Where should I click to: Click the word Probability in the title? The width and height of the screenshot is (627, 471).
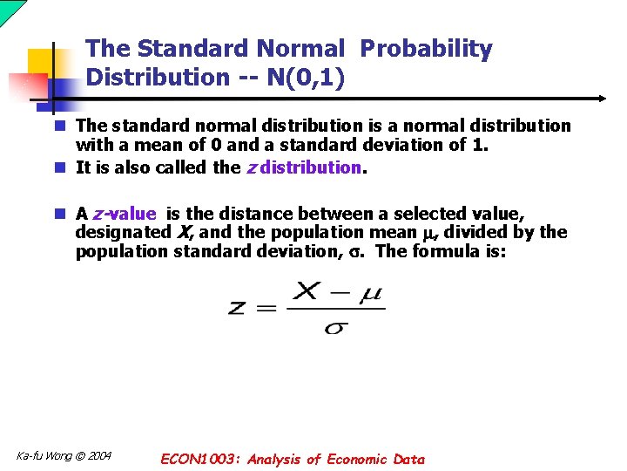[426, 50]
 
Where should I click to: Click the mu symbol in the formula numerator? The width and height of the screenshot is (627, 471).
[372, 293]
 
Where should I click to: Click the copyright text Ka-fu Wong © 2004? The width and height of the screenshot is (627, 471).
[64, 456]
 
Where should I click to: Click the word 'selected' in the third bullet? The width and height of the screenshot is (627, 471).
[427, 214]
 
